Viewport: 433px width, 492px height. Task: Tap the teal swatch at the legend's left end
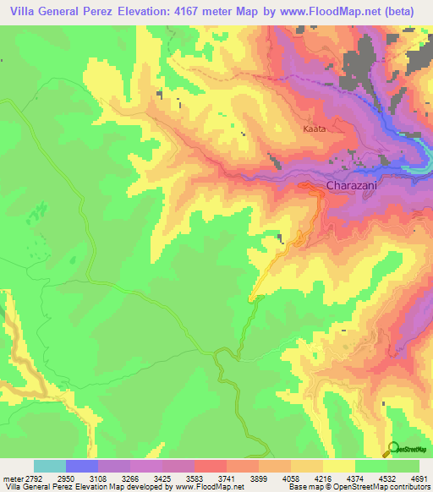click(x=50, y=466)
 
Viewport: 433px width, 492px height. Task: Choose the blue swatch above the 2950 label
click(x=82, y=466)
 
